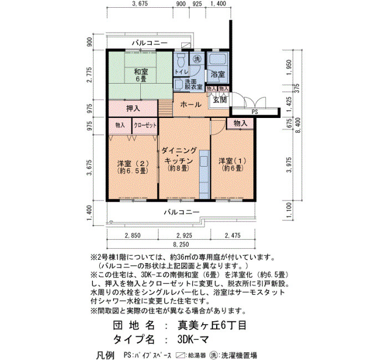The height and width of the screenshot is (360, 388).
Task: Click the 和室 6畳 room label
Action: click(141, 75)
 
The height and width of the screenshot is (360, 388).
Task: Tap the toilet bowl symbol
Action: click(181, 60)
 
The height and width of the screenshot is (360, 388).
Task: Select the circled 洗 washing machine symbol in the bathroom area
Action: click(197, 59)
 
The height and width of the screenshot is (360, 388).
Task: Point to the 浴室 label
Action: click(218, 74)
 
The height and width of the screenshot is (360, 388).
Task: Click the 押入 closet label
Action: click(133, 109)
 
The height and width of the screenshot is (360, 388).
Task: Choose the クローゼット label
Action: click(145, 125)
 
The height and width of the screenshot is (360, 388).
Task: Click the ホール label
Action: click(191, 105)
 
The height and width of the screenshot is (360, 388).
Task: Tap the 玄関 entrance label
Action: click(219, 100)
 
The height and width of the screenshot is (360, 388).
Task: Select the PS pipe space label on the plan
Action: click(254, 112)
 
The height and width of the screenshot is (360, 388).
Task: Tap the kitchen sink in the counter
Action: click(205, 161)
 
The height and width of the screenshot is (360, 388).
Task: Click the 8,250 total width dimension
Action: click(181, 245)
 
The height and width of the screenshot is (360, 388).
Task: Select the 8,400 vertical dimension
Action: click(298, 125)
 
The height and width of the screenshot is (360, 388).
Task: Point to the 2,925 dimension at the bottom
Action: click(184, 235)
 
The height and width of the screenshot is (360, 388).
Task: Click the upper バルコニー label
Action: click(150, 43)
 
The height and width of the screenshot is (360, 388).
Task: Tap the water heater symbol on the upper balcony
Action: click(186, 45)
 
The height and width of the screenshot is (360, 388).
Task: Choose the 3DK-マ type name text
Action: click(193, 339)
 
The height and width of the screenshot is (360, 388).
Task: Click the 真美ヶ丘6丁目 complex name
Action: click(212, 325)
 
